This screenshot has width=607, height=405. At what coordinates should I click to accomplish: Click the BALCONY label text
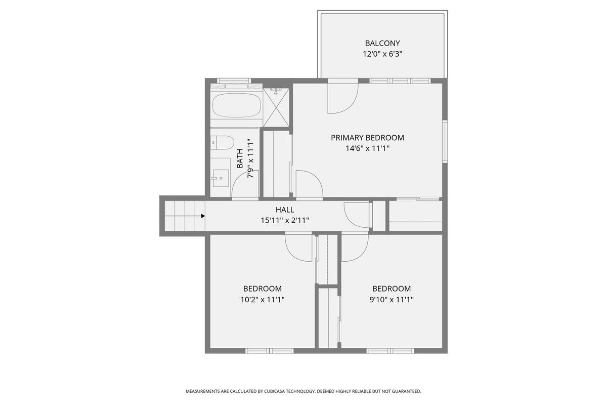click(x=382, y=43)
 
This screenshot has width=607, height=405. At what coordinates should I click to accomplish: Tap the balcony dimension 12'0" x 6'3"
click(x=382, y=54)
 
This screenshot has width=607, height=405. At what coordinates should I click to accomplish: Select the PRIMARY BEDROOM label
click(x=367, y=138)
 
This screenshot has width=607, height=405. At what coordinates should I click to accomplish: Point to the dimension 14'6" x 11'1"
click(x=367, y=148)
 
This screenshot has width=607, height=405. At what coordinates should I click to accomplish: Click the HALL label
click(x=285, y=210)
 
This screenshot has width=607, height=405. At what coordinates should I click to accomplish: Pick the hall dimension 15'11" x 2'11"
click(x=285, y=220)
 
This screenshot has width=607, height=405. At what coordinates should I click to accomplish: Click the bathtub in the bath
click(x=237, y=105)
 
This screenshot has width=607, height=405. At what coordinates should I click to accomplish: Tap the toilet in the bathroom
click(x=222, y=142)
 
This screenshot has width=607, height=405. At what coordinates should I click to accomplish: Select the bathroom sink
click(x=221, y=178)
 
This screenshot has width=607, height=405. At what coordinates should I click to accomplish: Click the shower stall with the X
click(x=276, y=107)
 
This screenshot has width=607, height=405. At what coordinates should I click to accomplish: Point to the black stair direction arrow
click(x=203, y=216)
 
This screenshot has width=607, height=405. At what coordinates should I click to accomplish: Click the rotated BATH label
click(x=240, y=158)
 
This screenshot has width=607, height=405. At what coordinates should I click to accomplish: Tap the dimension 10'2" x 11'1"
click(x=263, y=300)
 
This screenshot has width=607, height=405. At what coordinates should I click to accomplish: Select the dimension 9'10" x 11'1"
click(x=392, y=300)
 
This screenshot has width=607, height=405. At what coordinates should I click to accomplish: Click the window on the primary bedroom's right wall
click(x=445, y=141)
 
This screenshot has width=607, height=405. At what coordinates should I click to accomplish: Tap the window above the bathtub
click(x=234, y=80)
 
